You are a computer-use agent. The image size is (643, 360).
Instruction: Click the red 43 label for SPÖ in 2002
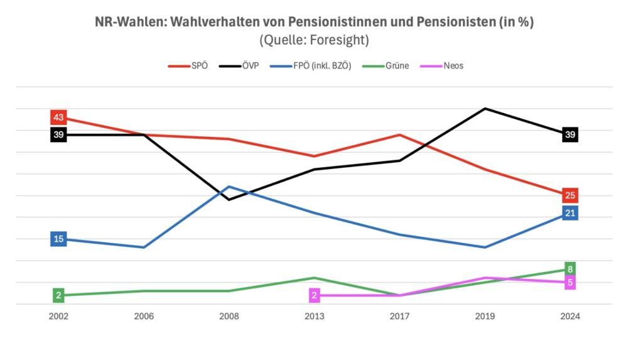[x=58, y=117]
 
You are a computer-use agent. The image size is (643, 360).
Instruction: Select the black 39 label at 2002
[x=58, y=134]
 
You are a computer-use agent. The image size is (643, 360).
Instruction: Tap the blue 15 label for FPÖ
[x=58, y=239]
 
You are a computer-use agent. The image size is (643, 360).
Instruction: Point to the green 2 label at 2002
[x=58, y=295]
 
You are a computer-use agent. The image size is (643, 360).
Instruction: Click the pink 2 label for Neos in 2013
[x=315, y=295]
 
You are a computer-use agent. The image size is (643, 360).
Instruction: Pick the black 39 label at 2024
[x=570, y=134]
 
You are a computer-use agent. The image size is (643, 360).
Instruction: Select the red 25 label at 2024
[x=570, y=195]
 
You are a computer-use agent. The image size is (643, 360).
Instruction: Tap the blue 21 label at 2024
[x=570, y=213]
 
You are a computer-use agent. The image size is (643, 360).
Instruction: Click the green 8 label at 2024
[x=570, y=270]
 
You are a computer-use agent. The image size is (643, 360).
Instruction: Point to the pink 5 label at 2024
[x=570, y=283]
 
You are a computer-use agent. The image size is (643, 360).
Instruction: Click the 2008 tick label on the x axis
[x=229, y=317]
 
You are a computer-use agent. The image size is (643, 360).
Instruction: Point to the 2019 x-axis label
[x=485, y=317]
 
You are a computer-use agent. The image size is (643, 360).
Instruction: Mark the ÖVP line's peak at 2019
[x=485, y=109]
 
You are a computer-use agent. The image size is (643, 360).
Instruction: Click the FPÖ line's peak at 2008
[x=229, y=187]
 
